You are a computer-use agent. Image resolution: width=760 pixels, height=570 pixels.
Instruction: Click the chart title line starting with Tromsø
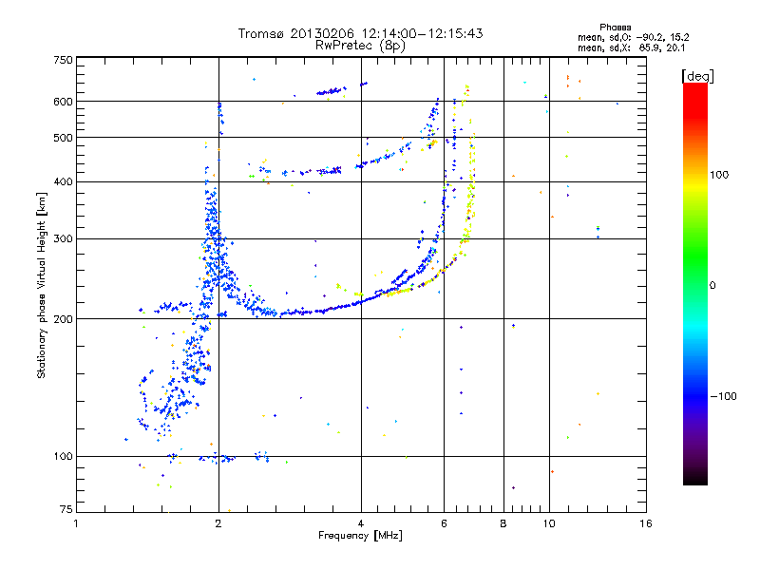coord(360,33)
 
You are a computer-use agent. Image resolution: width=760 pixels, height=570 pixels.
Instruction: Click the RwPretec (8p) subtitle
coord(360,45)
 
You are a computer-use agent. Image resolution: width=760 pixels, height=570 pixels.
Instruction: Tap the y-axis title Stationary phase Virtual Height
coord(42,285)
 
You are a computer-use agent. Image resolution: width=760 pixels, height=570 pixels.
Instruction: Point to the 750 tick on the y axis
coord(63,61)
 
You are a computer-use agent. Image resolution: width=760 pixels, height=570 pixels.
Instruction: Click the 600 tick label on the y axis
coord(63,102)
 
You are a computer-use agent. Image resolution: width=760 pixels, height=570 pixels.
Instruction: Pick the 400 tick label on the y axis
coord(63,181)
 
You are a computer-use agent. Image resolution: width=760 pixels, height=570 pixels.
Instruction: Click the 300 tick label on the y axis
coord(63,238)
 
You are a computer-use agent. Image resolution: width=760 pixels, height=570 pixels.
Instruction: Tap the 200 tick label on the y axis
coord(63,319)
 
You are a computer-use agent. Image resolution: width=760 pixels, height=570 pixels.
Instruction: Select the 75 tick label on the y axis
coord(66,511)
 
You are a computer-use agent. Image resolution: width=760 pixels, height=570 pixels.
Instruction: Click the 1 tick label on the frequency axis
coord(77,523)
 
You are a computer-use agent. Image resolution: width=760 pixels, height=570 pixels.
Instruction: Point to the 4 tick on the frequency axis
coord(361,523)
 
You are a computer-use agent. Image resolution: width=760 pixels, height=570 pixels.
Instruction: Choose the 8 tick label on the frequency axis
coord(503,523)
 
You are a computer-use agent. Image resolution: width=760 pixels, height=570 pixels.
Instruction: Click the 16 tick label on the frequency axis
coord(645,523)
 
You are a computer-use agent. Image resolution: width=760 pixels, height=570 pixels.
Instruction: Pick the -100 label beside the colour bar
coord(724,395)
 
